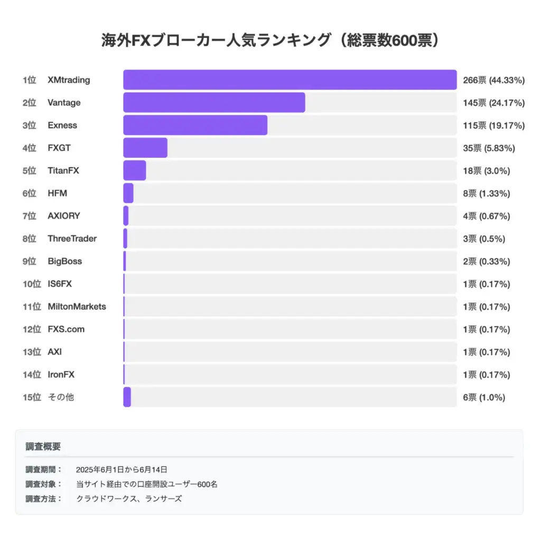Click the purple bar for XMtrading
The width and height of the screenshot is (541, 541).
point(290,80)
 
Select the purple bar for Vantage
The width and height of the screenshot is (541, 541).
point(214,102)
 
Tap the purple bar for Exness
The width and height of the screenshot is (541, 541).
point(195,125)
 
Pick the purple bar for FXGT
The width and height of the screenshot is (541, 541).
point(145,148)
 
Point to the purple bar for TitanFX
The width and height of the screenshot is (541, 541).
point(135,171)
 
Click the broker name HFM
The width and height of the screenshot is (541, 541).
point(57,193)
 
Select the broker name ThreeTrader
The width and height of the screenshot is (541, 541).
point(72,239)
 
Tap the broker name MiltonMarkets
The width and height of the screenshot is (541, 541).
point(77,306)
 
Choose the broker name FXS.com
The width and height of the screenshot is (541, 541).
point(66,329)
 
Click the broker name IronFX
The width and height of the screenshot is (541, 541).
point(61,375)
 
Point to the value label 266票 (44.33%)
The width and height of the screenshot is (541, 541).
point(493,80)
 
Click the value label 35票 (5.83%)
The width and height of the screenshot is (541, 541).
point(489,148)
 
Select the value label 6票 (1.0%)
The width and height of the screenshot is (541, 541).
point(484,397)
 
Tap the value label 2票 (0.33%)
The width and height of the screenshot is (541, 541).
point(486,262)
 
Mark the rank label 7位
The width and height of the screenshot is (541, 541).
point(29,216)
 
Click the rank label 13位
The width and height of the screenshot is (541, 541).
point(31,352)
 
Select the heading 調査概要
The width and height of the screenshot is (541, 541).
point(43,446)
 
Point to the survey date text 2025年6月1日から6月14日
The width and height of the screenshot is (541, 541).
point(122,469)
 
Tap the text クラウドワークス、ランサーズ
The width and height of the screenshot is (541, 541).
point(129,498)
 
